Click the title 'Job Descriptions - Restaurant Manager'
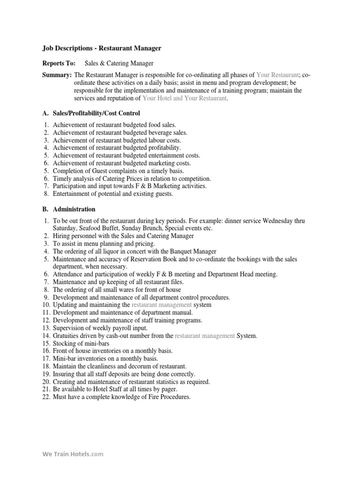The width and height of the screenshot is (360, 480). (x=102, y=48)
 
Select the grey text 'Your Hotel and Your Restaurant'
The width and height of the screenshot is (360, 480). (x=185, y=98)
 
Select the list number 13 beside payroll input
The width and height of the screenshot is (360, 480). (x=46, y=328)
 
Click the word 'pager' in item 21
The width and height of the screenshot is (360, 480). (x=167, y=389)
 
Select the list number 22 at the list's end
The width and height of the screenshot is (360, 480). (x=46, y=397)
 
